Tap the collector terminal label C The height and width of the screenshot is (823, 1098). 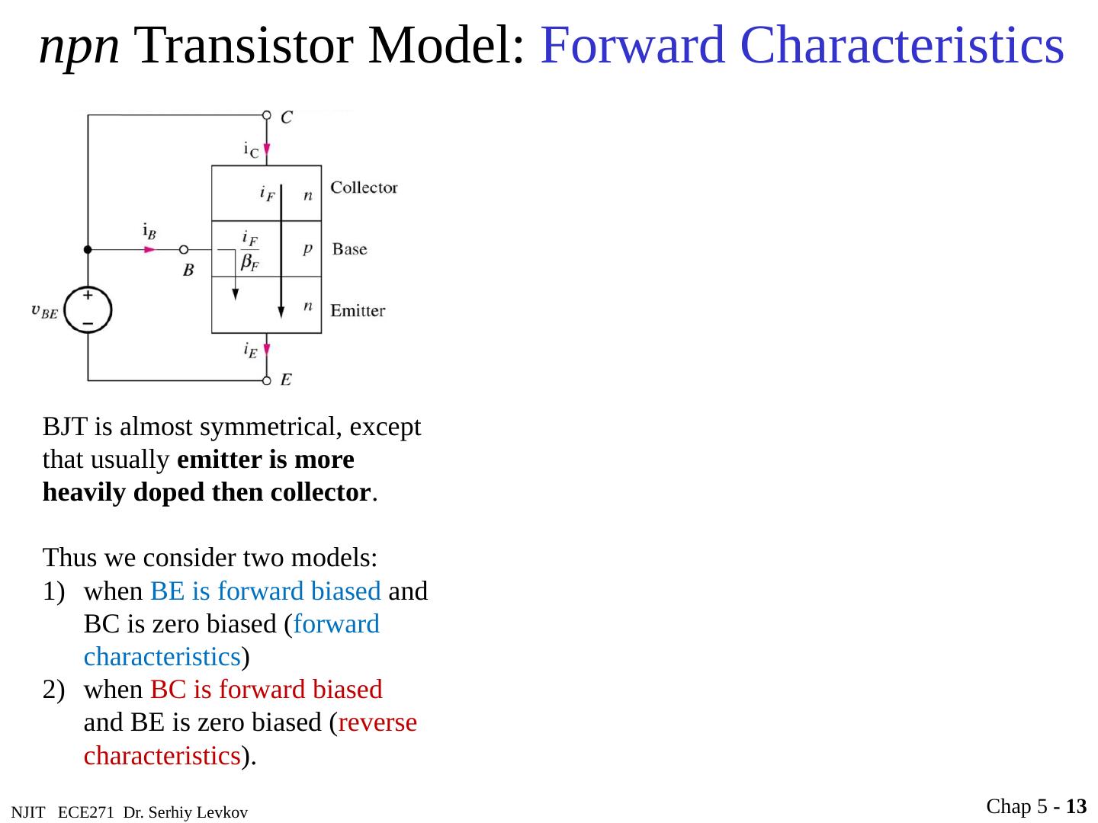[287, 117]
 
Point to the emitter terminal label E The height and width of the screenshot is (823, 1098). [286, 379]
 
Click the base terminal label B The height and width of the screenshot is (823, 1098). [188, 270]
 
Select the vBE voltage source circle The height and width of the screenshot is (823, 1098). [88, 310]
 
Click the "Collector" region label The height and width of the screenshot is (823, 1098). [364, 187]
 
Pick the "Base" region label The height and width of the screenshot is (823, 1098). [349, 249]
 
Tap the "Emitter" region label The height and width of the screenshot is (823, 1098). [358, 310]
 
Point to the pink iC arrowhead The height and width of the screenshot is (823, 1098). [267, 149]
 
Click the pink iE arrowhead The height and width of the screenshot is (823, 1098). [267, 350]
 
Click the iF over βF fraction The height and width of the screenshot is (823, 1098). [250, 251]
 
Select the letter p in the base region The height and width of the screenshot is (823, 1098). [307, 248]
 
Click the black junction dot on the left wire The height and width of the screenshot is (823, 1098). [88, 249]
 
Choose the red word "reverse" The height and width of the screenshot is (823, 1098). [377, 722]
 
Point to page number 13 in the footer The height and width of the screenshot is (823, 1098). [1076, 806]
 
